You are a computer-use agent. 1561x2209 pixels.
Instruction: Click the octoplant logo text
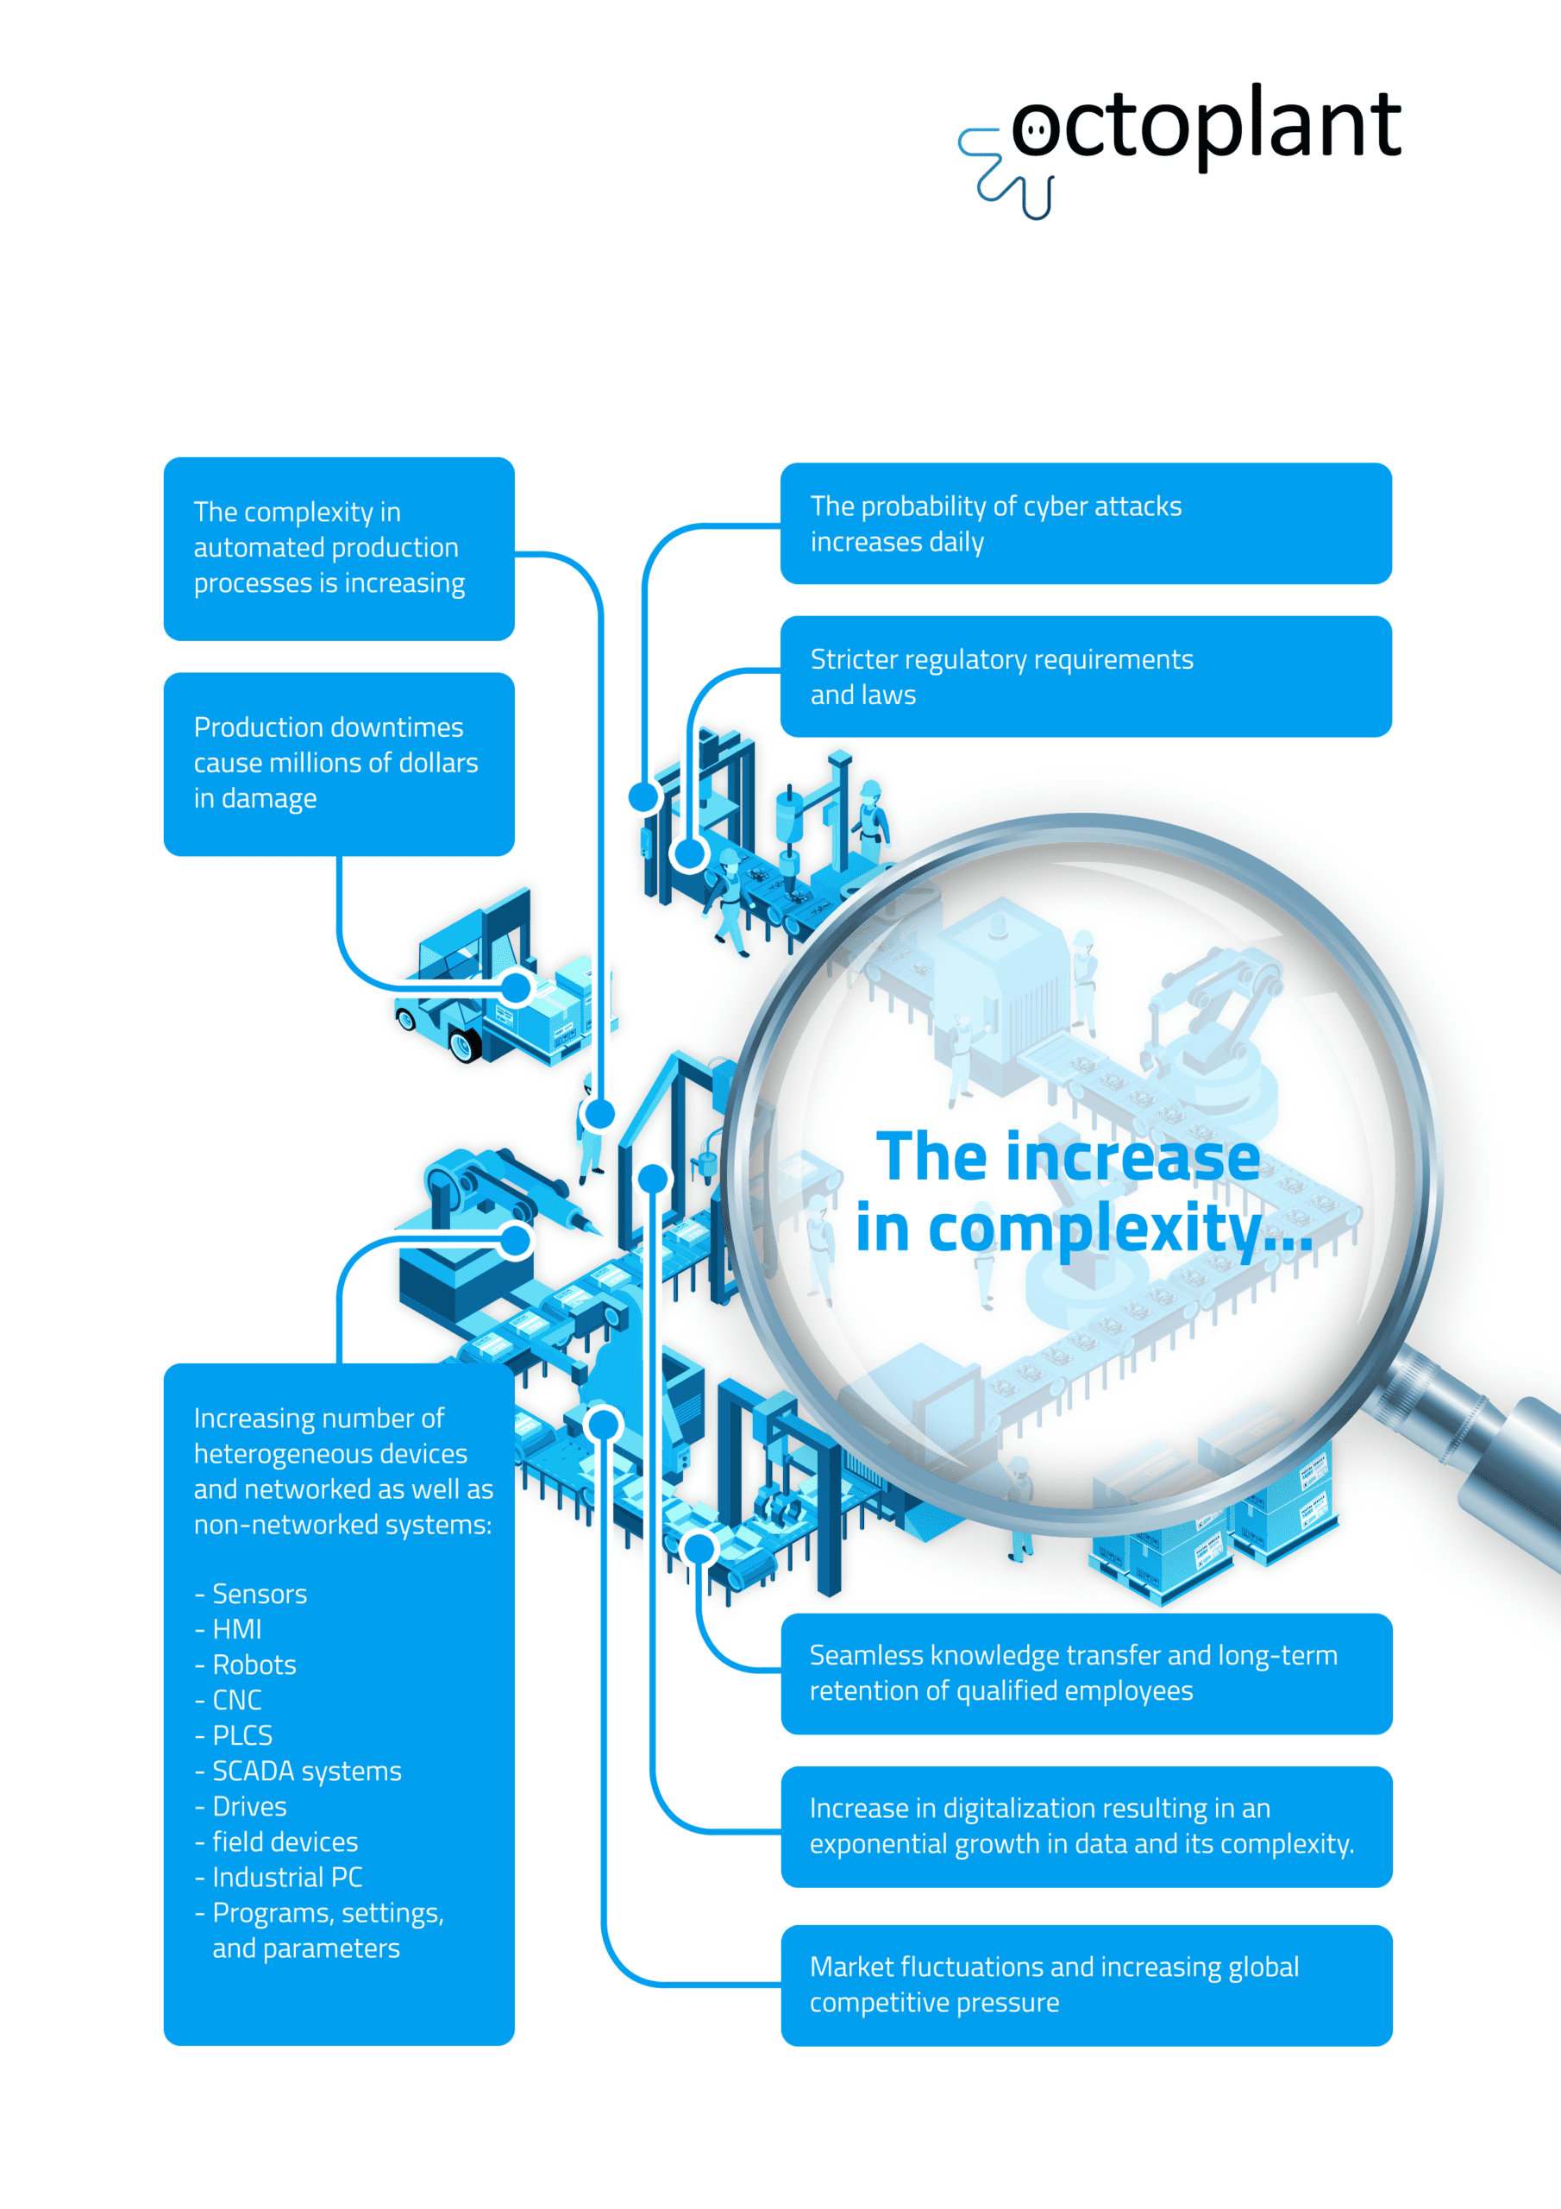1206,127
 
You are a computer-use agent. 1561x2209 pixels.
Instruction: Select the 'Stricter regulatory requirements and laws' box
1086,677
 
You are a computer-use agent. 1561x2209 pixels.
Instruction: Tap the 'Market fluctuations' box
1086,1986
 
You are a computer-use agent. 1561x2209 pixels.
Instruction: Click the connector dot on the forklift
517,987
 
